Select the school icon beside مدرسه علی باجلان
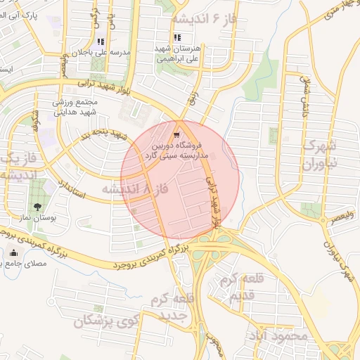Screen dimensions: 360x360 100,41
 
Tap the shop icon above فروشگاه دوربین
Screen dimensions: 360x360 176,133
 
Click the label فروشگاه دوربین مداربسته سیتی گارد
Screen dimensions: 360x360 173,149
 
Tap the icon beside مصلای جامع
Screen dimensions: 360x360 13,253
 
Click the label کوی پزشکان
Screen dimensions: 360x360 107,322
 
